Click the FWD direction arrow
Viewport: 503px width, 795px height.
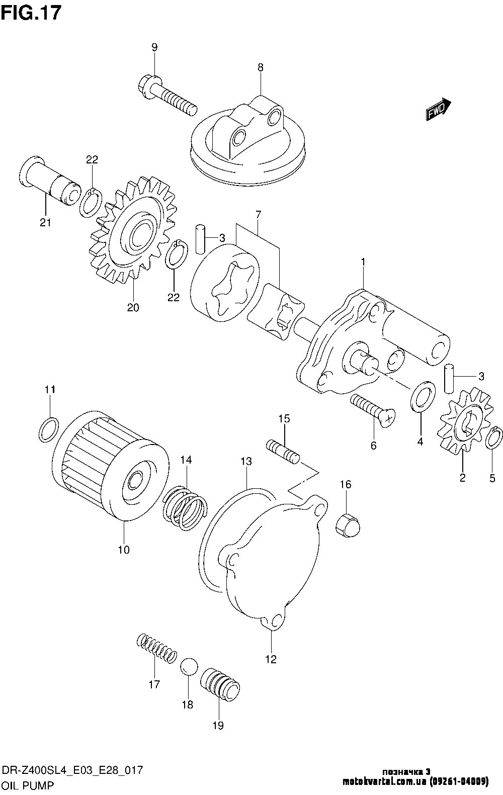click(438, 110)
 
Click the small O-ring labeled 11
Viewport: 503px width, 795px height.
click(48, 429)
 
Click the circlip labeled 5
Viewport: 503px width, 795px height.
click(494, 437)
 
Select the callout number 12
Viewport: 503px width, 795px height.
click(271, 659)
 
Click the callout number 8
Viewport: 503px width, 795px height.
click(261, 67)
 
